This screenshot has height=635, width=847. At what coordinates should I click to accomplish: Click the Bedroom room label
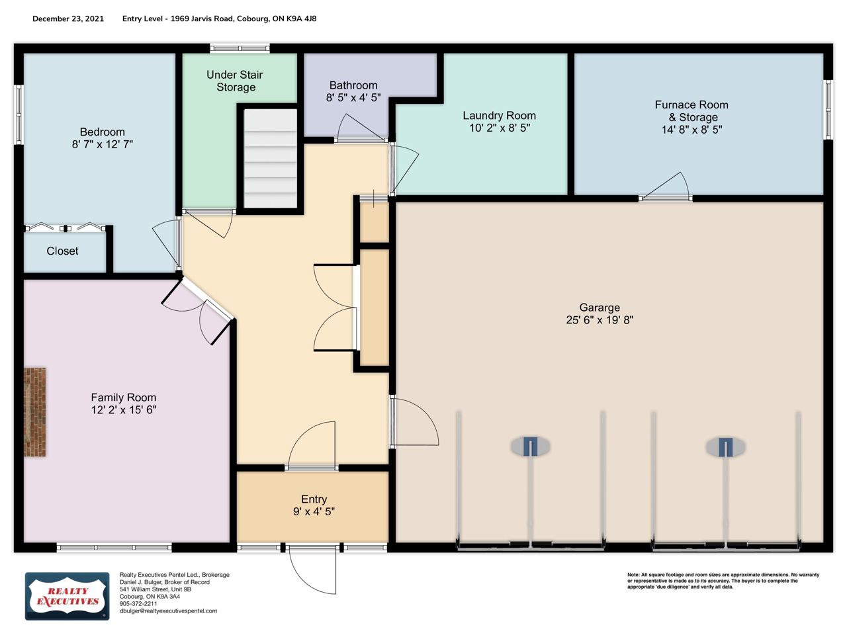103,132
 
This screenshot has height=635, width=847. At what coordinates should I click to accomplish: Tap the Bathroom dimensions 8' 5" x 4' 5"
353,97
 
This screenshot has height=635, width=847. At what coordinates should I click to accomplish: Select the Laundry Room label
500,115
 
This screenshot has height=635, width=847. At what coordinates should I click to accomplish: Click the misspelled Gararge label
600,308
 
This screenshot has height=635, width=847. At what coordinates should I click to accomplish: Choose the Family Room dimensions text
124,409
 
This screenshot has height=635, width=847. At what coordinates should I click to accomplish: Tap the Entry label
314,499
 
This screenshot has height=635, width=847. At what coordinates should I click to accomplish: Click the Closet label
62,251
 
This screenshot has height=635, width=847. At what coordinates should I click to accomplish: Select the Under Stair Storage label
235,81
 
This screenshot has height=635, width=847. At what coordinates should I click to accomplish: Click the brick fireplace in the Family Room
34,412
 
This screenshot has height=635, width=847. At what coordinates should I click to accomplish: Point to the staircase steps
271,159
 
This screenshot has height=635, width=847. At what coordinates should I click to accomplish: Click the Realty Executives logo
67,596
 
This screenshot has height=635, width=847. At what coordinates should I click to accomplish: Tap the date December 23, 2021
68,19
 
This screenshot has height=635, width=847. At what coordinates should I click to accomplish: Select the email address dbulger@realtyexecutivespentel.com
168,611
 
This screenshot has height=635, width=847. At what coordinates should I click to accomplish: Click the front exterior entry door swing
312,571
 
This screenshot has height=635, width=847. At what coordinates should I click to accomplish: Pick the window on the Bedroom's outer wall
19,114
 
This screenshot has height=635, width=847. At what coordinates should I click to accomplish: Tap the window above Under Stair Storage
240,48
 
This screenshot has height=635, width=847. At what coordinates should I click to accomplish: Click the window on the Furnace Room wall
828,110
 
